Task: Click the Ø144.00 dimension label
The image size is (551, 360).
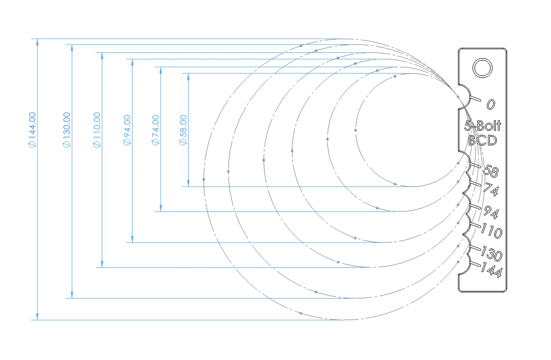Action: click(x=32, y=130)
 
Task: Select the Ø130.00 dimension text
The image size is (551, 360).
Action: click(x=67, y=130)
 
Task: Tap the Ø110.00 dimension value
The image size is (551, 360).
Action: click(x=97, y=130)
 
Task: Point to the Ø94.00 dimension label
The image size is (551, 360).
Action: click(x=127, y=130)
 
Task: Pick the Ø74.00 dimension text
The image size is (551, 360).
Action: click(x=156, y=130)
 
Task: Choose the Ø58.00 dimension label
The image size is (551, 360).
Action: click(x=183, y=130)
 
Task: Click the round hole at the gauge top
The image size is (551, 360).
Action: click(x=482, y=68)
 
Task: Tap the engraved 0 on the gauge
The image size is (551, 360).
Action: click(x=491, y=104)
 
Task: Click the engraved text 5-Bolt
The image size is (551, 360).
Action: click(x=482, y=126)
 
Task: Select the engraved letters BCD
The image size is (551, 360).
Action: click(x=482, y=140)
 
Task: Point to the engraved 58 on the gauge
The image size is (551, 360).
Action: click(x=491, y=171)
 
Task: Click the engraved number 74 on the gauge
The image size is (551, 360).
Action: click(x=491, y=189)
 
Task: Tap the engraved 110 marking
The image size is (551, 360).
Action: click(x=492, y=231)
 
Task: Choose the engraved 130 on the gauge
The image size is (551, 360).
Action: click(x=492, y=254)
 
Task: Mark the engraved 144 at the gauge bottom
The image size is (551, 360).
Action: click(x=492, y=270)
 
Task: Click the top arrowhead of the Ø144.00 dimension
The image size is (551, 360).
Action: click(x=38, y=42)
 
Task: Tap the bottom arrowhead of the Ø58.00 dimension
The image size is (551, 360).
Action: click(x=188, y=183)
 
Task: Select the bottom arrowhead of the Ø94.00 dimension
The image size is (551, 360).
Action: click(x=132, y=239)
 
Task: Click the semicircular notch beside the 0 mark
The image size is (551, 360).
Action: click(x=464, y=97)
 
